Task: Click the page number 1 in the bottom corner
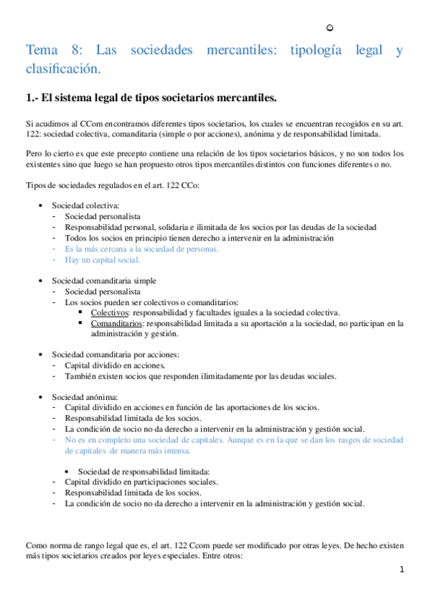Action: (402, 570)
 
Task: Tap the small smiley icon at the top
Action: (329, 28)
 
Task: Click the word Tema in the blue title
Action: (42, 51)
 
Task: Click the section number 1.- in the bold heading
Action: (32, 96)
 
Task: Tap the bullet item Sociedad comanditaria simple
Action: (103, 281)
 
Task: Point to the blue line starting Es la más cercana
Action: (141, 248)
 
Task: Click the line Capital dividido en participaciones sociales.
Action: (141, 482)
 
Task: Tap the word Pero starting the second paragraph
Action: (34, 154)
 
